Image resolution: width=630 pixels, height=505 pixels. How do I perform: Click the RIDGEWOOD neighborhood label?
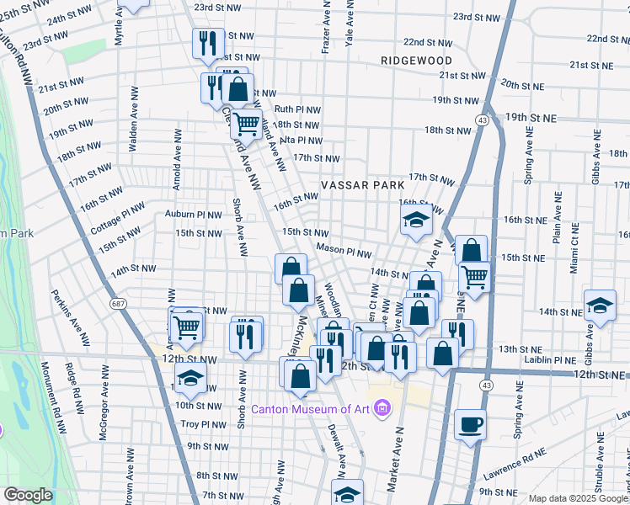click(416, 61)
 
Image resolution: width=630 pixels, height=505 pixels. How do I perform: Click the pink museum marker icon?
click(382, 409)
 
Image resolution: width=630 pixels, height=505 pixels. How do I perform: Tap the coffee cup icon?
click(470, 423)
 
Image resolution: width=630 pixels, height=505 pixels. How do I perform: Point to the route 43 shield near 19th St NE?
click(482, 121)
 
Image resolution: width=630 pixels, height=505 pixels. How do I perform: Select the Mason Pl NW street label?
click(344, 252)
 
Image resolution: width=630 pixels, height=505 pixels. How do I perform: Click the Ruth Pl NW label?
click(295, 109)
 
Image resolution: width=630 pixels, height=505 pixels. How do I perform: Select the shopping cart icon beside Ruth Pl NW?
click(246, 124)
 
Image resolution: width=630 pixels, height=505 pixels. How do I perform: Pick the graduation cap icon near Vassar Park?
click(416, 221)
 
